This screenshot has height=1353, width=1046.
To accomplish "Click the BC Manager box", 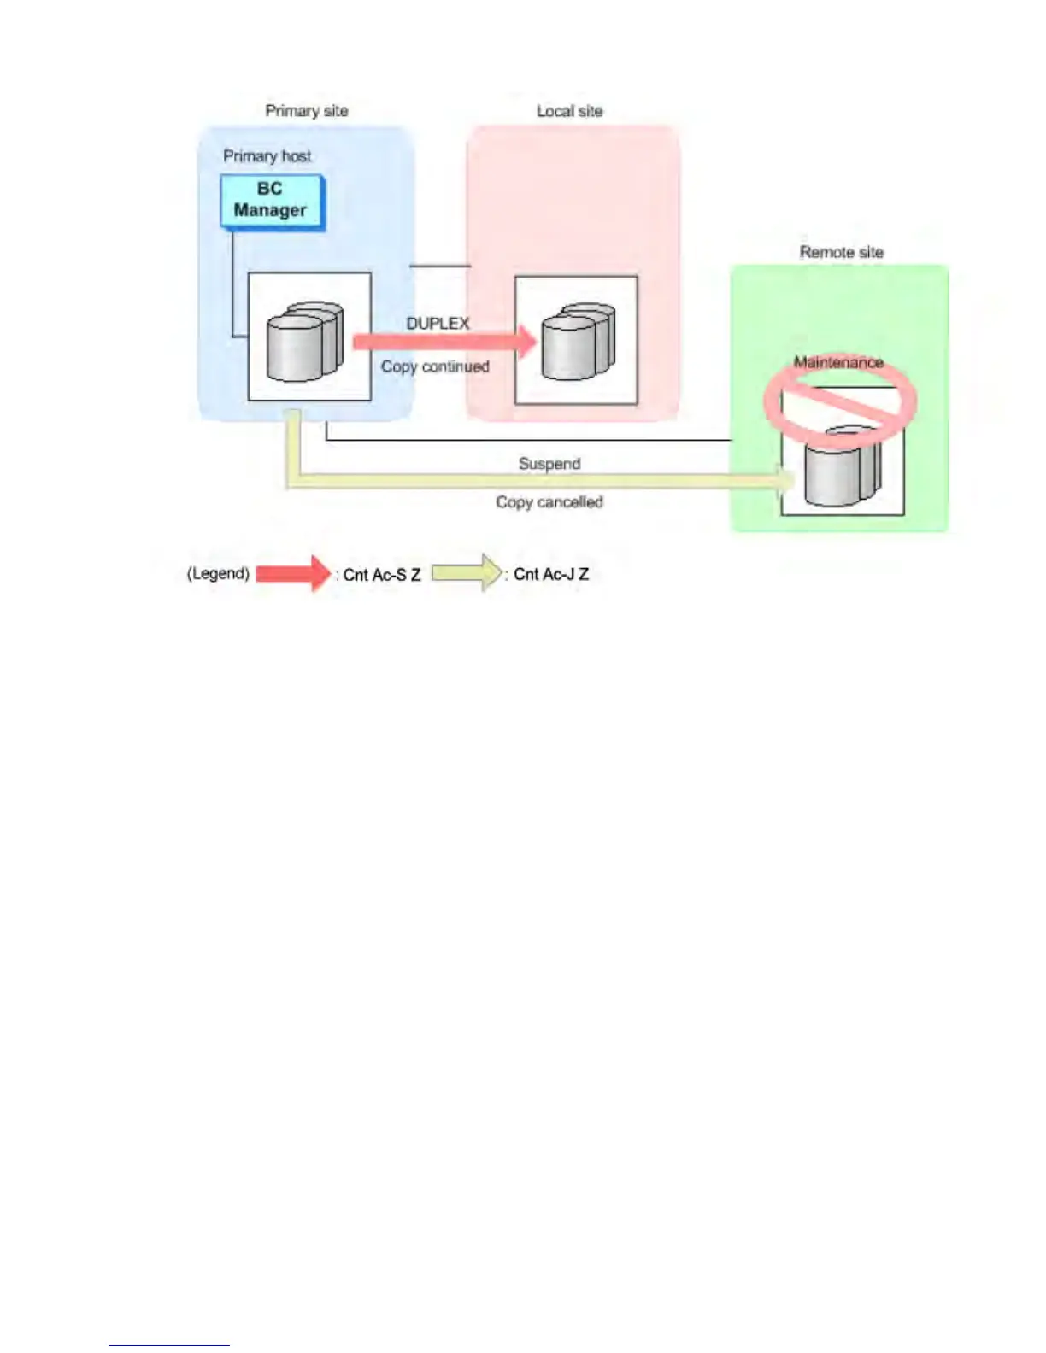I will (x=271, y=201).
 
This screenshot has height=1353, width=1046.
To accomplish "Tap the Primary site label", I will (x=306, y=111).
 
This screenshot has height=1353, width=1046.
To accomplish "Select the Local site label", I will (x=569, y=111).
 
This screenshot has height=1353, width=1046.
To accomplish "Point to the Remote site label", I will (x=841, y=252).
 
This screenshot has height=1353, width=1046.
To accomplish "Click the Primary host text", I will (x=267, y=156).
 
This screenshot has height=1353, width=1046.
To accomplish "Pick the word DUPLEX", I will (x=438, y=324).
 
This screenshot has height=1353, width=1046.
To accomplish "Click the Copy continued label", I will (x=435, y=366).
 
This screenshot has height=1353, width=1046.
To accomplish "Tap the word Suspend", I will (x=549, y=464).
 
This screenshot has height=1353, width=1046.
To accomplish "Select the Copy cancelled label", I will (x=549, y=502).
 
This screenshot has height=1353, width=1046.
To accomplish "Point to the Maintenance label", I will (x=837, y=362).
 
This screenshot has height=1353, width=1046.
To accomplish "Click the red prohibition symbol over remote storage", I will (x=840, y=402).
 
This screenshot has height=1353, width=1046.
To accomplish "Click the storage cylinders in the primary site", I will (x=304, y=341).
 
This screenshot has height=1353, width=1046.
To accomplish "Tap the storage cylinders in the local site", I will (x=578, y=342).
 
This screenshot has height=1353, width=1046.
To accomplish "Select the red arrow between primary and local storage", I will (x=444, y=343).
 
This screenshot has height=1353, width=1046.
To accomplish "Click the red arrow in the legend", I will (x=293, y=573).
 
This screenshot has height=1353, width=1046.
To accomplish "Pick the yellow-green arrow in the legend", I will (x=467, y=572).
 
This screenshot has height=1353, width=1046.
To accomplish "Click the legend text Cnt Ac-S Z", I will (x=382, y=575).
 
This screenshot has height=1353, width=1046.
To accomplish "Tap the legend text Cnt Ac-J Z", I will (x=551, y=574).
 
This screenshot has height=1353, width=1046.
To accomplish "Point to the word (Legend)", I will (x=218, y=573).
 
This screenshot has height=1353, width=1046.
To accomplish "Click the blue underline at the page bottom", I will (x=168, y=1345).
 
